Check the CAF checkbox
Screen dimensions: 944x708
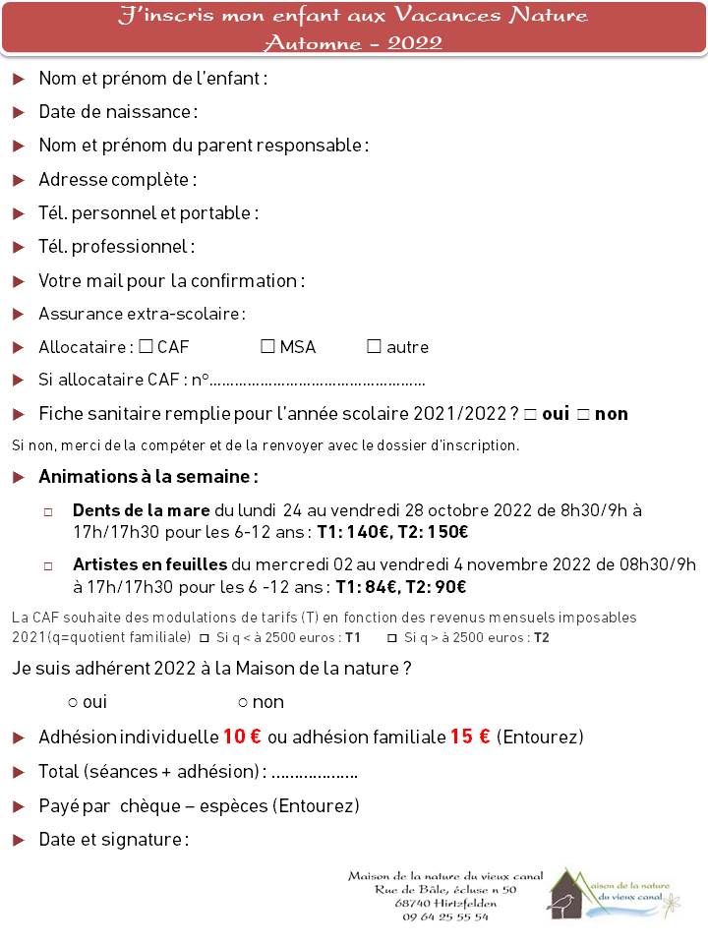click(x=146, y=346)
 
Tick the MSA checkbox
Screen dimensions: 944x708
click(x=267, y=346)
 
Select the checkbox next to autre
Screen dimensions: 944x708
click(x=374, y=346)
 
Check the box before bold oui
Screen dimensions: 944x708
click(x=530, y=414)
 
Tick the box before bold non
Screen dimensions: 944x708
click(x=583, y=414)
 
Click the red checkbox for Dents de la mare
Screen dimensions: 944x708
click(x=49, y=512)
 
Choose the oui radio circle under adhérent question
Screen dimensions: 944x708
click(x=73, y=702)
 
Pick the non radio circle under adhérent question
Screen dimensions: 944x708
click(x=242, y=702)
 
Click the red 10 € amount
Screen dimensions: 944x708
click(x=242, y=737)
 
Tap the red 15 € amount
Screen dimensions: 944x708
click(x=470, y=737)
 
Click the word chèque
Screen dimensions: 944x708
click(x=150, y=806)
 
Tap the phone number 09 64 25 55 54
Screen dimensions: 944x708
click(x=445, y=916)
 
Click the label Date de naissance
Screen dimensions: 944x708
click(x=117, y=111)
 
